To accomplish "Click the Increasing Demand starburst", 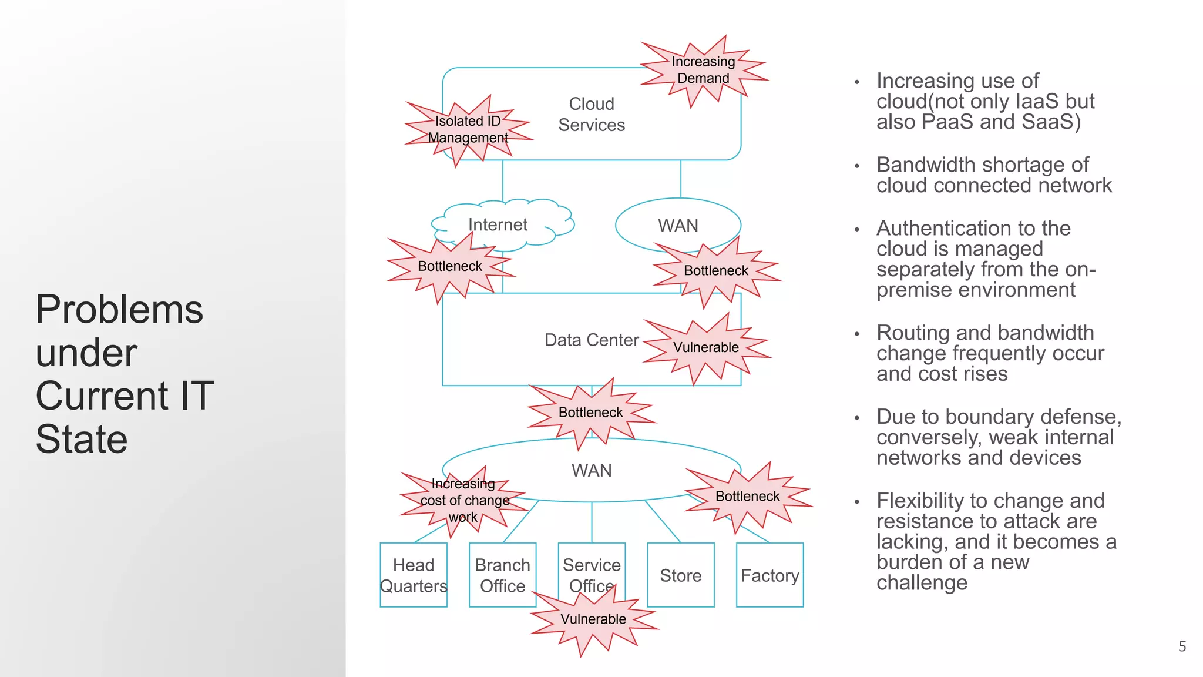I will click(703, 71).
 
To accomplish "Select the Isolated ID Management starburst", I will click(468, 129).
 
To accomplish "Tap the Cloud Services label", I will click(592, 115).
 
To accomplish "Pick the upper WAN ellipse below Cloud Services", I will click(678, 225).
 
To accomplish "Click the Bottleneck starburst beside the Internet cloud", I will click(450, 266).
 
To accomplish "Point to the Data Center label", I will click(591, 340).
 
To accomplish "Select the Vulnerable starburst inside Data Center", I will click(706, 347).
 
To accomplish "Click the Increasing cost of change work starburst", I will click(464, 500).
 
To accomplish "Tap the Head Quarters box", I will click(414, 575).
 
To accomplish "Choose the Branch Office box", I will click(502, 575).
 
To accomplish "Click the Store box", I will click(680, 575).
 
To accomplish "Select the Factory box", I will click(769, 575).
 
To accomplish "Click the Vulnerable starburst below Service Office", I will click(593, 619).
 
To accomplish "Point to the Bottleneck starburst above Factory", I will click(747, 497).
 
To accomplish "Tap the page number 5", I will click(1182, 646).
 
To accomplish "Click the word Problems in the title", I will click(119, 310).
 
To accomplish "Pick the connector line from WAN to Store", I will click(663, 522).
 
